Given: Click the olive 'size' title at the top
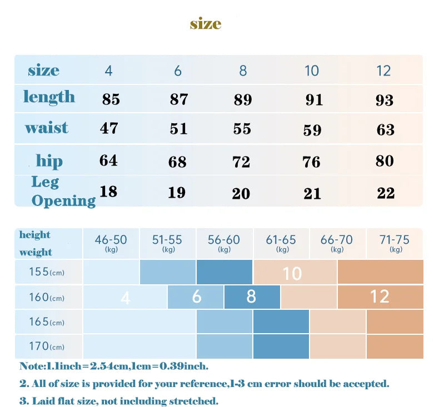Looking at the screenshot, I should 206,24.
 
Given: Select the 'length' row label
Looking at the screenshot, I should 49,97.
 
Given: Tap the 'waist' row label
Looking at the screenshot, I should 47,128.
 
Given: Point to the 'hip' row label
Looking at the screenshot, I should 49,161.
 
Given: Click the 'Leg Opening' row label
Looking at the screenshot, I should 63,191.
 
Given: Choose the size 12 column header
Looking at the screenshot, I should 383,71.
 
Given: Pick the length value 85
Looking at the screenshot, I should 111,99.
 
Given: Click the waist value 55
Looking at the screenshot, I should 242,129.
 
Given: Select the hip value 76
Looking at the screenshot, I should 312,162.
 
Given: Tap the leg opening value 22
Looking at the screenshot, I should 386,193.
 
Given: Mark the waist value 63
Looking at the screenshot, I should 386,130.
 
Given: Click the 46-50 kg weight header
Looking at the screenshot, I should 111,242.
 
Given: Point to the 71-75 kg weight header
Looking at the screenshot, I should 395,242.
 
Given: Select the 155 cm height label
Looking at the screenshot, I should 47,273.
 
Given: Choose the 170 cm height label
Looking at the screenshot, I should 47,347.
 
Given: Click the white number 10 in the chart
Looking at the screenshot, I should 292,273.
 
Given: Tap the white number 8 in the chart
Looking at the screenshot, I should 251,297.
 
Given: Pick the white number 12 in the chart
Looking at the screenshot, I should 380,297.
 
